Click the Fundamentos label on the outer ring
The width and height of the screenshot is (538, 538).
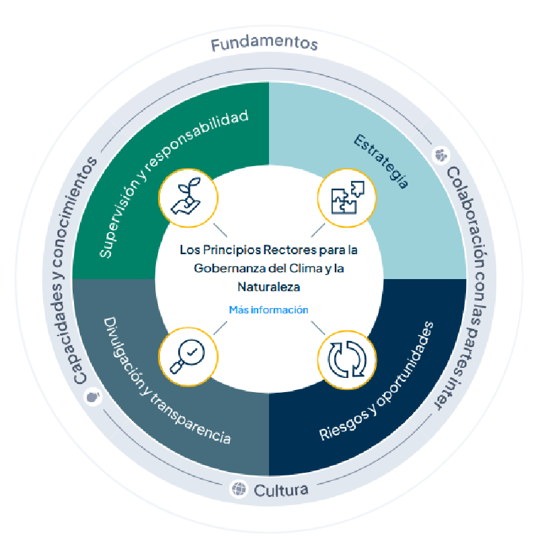tap(264, 44)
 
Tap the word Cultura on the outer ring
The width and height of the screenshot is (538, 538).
tap(281, 490)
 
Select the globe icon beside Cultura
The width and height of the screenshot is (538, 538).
tap(239, 488)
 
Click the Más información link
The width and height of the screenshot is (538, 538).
tap(269, 310)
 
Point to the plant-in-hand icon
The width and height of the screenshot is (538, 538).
tap(188, 195)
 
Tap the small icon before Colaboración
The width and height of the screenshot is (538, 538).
tap(441, 155)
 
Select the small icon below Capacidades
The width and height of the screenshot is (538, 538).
tap(93, 397)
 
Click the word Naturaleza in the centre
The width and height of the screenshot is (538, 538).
tap(269, 286)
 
